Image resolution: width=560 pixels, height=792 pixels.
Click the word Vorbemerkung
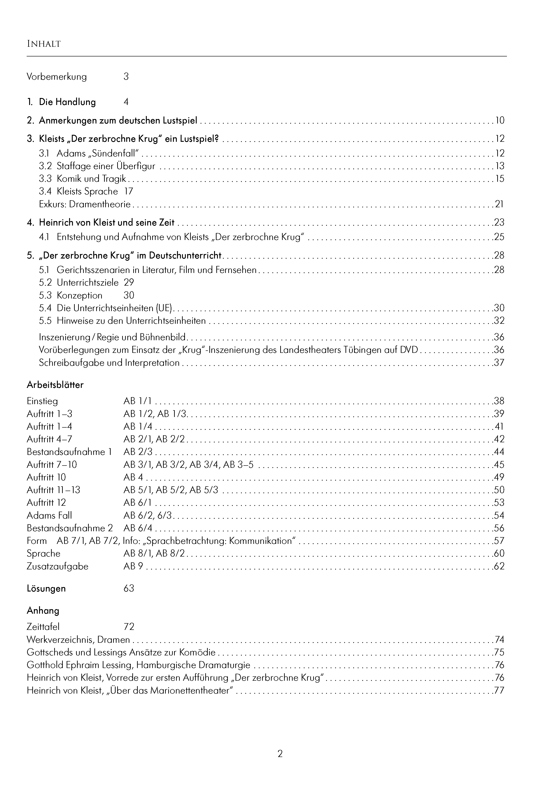coord(57,77)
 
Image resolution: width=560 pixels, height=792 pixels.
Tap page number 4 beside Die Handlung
coord(126,102)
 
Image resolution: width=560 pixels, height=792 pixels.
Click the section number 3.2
coord(45,166)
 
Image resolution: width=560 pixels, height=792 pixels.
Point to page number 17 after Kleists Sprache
coord(129,191)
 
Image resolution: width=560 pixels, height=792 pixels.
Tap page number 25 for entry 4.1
coord(499,237)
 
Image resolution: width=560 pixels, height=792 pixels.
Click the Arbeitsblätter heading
coord(55,385)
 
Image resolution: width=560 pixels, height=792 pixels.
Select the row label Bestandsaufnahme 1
coord(69,452)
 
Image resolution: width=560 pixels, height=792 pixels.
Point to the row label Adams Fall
coord(49,516)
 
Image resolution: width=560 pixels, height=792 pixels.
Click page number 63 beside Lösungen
coord(129,589)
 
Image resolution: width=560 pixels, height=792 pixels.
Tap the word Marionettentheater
coord(190,691)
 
